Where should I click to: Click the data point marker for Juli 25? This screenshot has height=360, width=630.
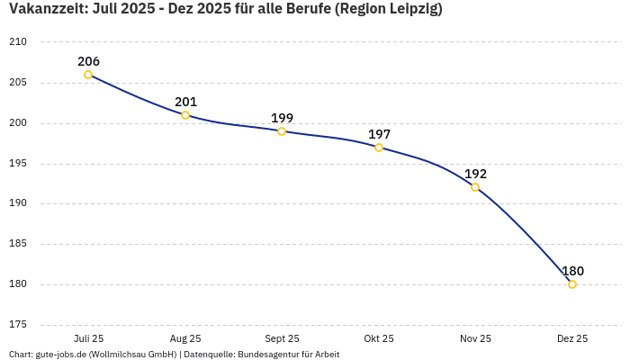[88, 75]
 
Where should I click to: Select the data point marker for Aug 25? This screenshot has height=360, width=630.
[185, 115]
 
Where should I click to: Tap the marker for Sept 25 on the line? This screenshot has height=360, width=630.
[282, 131]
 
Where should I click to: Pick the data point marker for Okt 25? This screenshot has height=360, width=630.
[379, 148]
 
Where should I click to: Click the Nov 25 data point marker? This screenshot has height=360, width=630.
[475, 187]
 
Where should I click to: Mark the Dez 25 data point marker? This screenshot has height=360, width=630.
[572, 284]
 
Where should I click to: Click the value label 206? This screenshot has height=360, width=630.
[88, 61]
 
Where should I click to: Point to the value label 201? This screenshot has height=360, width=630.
[185, 102]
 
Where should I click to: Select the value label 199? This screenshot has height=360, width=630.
[282, 118]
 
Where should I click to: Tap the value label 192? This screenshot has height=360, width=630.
[475, 174]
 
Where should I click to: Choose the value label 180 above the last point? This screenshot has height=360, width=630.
[572, 271]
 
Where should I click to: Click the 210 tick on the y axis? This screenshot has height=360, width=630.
[18, 42]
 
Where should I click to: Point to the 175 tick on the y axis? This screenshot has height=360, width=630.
[18, 324]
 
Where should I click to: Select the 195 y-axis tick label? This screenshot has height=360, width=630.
[18, 163]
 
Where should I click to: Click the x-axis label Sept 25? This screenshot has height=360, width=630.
[282, 338]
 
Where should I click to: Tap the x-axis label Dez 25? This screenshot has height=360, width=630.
[572, 338]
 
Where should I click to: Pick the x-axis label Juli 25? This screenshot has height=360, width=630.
[88, 338]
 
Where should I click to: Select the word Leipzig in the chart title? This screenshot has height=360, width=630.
[410, 9]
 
